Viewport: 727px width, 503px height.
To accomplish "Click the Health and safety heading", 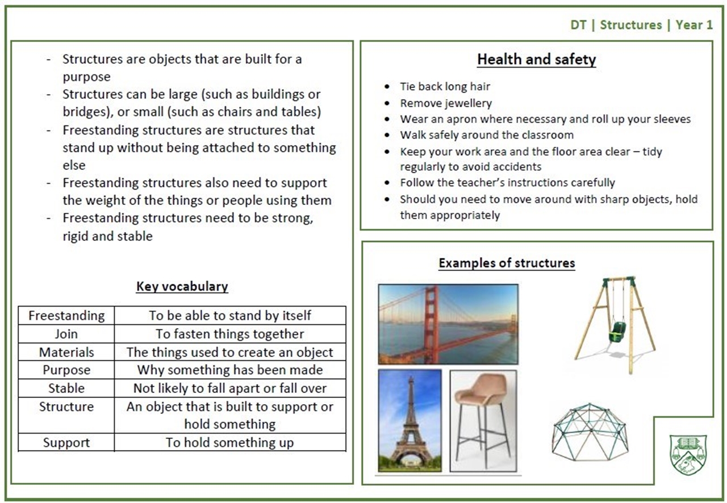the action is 537,60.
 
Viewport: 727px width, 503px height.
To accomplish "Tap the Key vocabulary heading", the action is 182,286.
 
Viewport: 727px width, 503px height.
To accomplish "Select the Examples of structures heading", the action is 507,263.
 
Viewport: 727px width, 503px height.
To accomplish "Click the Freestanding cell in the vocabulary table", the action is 66,316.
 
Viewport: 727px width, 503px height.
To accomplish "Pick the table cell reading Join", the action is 66,334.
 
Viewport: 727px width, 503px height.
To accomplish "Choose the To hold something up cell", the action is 230,442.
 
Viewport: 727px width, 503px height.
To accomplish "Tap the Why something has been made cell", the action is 230,370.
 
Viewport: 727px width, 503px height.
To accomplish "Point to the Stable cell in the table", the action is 66,388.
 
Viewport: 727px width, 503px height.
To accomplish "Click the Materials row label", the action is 66,352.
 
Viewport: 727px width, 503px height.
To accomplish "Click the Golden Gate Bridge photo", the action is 448,324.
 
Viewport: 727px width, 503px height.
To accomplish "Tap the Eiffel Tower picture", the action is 410,421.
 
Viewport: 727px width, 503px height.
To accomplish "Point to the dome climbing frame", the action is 590,432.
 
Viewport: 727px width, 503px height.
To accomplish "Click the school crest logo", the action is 688,455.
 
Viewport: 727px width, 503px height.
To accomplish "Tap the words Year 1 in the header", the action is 694,25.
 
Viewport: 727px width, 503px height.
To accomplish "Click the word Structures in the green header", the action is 631,25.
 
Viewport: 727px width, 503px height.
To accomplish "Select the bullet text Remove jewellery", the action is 446,103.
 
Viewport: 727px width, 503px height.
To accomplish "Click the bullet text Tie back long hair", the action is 445,87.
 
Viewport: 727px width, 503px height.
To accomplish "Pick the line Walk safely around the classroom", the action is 487,135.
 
